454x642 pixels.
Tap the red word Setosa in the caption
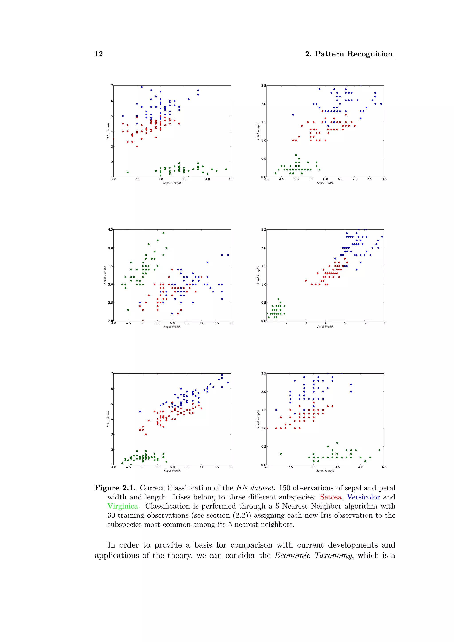coord(331,497)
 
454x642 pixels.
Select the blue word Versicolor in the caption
coord(363,497)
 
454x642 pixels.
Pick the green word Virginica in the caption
coord(122,506)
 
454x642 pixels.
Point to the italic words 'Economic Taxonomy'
coord(313,555)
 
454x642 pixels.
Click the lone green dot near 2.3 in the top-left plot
coord(127,172)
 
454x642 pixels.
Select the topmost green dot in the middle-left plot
coord(163,233)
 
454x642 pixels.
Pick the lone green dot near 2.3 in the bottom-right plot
coord(281,454)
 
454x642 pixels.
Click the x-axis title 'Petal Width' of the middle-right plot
coord(325,327)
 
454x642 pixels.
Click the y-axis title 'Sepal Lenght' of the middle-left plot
coord(105,275)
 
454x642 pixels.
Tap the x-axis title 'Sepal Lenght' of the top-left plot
coord(172,183)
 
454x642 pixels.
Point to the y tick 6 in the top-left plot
coord(112,101)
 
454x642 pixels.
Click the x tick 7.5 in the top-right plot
coord(369,179)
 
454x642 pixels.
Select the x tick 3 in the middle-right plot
coord(306,323)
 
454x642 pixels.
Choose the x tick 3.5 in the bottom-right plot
coord(337,467)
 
